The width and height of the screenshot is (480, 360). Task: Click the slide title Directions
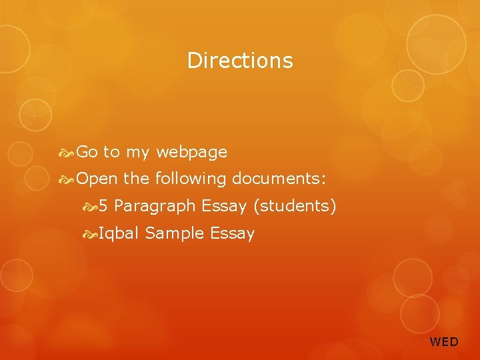click(x=240, y=61)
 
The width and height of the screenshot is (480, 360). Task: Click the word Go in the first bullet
click(x=87, y=153)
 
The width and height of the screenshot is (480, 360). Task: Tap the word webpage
click(x=191, y=153)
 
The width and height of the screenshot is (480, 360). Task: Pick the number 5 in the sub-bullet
click(x=103, y=207)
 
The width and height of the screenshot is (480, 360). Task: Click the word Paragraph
click(x=155, y=207)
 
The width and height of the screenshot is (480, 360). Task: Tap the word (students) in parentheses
click(x=294, y=207)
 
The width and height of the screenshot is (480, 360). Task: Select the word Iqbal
click(x=119, y=234)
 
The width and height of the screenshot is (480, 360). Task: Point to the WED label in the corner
click(x=444, y=342)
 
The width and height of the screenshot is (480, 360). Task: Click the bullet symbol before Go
click(x=67, y=153)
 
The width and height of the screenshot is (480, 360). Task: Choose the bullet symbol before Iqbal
click(x=91, y=234)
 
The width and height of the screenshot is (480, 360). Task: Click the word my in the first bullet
click(x=137, y=153)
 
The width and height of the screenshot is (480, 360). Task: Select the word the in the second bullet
click(x=136, y=179)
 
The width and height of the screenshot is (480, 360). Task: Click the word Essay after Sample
click(x=232, y=234)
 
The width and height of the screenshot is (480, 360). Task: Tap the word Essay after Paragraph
click(x=224, y=207)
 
